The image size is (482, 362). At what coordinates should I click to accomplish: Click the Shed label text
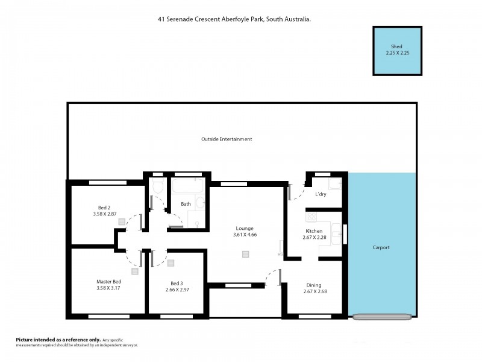pyautogui.click(x=396, y=46)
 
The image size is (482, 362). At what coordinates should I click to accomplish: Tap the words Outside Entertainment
pyautogui.click(x=227, y=139)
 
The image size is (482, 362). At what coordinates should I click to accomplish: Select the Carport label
pyautogui.click(x=381, y=247)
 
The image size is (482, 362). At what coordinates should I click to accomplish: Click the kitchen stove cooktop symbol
pyautogui.click(x=311, y=217)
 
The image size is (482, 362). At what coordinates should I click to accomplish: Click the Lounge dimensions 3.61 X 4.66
pyautogui.click(x=245, y=235)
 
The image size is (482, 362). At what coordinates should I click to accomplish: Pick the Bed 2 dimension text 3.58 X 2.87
pyautogui.click(x=104, y=214)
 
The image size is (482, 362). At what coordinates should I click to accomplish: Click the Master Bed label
pyautogui.click(x=108, y=282)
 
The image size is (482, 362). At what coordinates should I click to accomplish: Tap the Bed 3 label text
pyautogui.click(x=177, y=283)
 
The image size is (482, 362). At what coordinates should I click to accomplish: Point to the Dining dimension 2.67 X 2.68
pyautogui.click(x=315, y=292)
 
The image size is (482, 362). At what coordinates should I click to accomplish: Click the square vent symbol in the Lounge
pyautogui.click(x=245, y=254)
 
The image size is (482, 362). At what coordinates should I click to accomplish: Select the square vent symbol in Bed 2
pyautogui.click(x=122, y=222)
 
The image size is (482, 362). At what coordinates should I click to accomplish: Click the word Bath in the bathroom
pyautogui.click(x=186, y=204)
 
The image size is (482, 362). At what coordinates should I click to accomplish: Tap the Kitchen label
pyautogui.click(x=314, y=231)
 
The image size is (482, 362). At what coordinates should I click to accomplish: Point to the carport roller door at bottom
pyautogui.click(x=383, y=316)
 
